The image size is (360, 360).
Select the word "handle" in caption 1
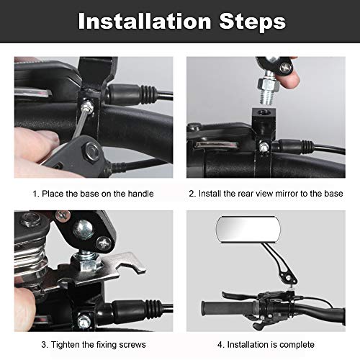[x=140, y=194]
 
